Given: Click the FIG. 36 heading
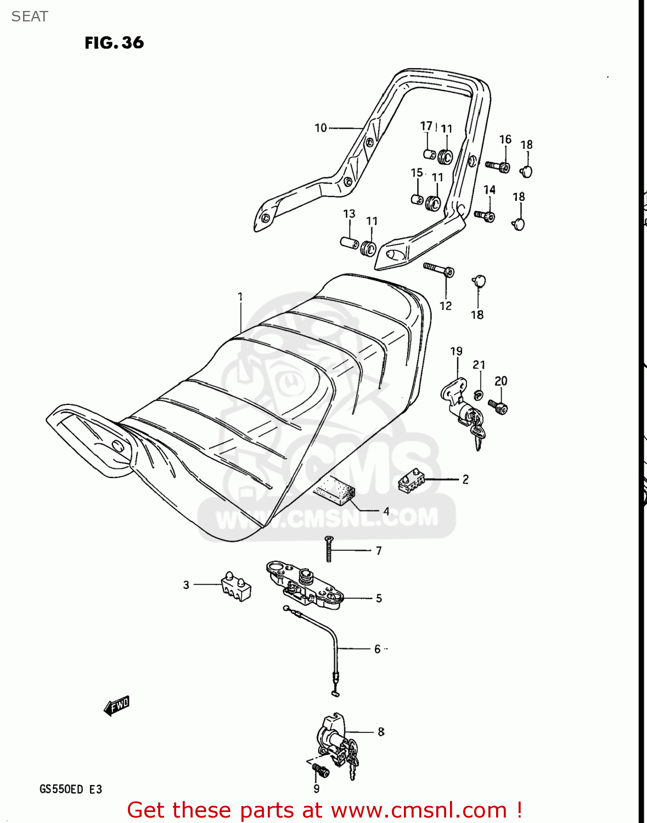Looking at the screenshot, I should [114, 43].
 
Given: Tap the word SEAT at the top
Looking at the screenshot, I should [30, 16].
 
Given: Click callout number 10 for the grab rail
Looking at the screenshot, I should [320, 128].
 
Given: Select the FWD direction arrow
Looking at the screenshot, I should [117, 706].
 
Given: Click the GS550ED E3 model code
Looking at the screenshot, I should [70, 790].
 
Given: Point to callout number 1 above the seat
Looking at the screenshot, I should [240, 297].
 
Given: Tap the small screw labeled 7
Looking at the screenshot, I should [329, 549].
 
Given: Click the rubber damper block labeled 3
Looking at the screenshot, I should [236, 586].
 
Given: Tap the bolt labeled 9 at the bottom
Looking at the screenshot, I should [320, 771].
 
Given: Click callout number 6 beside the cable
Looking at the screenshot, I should [377, 649].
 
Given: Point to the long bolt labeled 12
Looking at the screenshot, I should [439, 269].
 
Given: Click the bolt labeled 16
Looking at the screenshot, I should [498, 166].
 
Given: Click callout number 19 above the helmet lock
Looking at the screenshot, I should [456, 351].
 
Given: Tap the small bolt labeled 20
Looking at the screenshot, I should [498, 407].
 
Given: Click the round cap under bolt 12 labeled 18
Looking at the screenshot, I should [479, 281].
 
